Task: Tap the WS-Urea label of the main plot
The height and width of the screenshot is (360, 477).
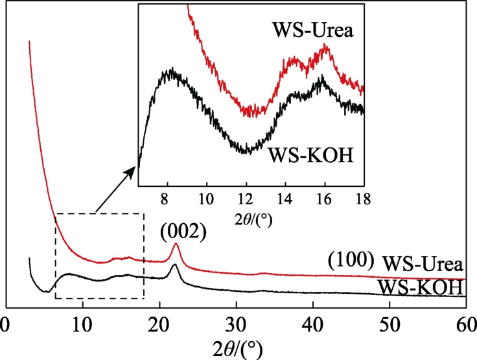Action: (x=422, y=264)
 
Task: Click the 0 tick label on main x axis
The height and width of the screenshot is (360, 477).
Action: (x=6, y=322)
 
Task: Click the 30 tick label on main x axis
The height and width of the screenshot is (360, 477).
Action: (x=237, y=322)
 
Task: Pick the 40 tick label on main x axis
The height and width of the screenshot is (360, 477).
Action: (x=313, y=322)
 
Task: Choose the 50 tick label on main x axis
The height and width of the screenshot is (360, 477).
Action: (x=389, y=322)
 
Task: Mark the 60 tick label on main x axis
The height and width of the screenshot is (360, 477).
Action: (x=465, y=322)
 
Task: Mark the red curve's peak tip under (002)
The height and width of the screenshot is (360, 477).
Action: (x=176, y=245)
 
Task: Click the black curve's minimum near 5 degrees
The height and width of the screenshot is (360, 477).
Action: (x=45, y=291)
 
